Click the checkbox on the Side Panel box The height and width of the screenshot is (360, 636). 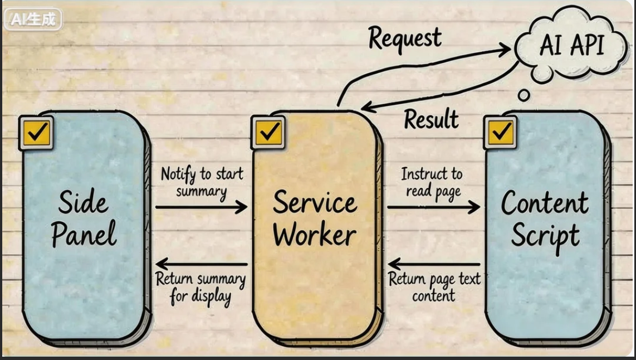pos(37,133)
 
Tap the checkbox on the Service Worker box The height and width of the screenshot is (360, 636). pos(270,132)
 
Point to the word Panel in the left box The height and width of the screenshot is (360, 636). pos(85,234)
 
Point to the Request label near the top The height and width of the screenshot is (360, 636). pos(405,38)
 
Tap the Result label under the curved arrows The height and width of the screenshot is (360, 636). pos(431,119)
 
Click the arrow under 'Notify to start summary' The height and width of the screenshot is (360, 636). pos(201,207)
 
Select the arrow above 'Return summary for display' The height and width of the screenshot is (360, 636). pos(201,264)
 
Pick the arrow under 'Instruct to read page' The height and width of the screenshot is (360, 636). pos(433,207)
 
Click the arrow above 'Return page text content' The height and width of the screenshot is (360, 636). pos(434,264)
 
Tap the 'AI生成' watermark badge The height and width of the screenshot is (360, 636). pos(33,20)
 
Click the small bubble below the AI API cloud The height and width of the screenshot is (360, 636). pos(524,95)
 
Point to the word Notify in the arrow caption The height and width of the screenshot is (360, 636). pos(178,174)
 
